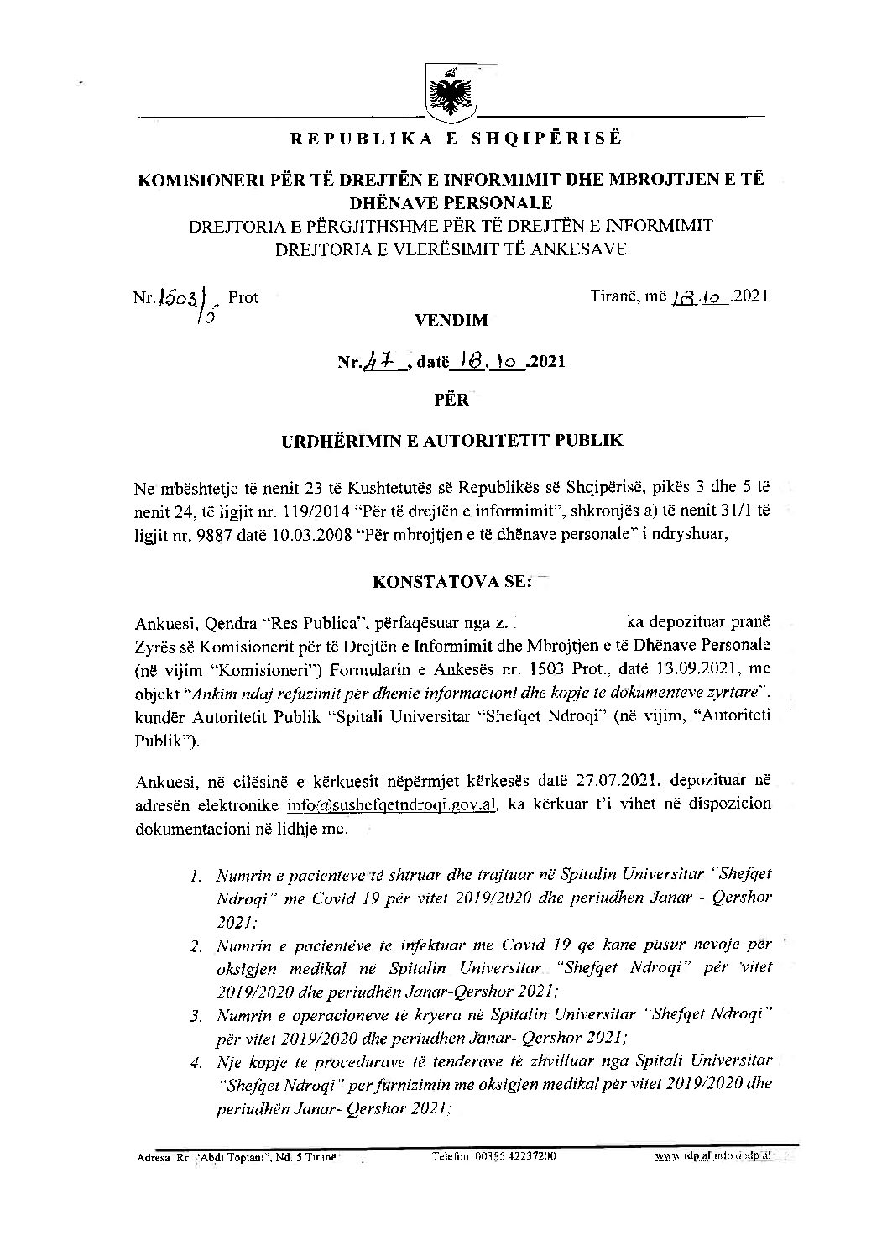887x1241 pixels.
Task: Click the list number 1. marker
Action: (196, 878)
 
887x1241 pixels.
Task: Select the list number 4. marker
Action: (196, 1062)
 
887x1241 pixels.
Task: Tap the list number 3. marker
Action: (196, 1017)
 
